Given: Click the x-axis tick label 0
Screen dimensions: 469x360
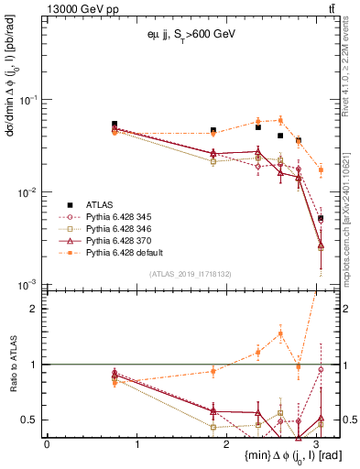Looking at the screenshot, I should pos(47,442).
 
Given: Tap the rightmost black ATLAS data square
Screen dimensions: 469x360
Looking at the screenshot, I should pos(320,218).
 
